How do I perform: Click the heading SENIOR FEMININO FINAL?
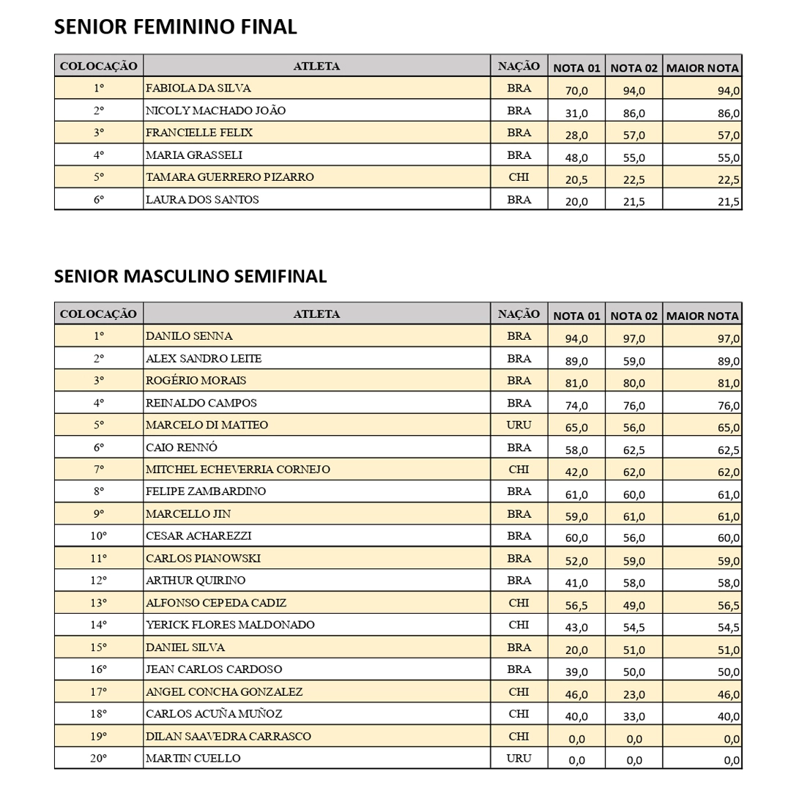176,27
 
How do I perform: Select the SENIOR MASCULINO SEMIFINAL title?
190,276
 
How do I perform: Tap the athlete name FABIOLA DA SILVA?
198,88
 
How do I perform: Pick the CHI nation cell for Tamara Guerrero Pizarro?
519,177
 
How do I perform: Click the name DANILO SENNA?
189,336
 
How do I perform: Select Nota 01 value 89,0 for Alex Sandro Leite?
576,361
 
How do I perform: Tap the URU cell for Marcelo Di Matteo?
519,425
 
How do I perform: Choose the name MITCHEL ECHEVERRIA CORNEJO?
238,469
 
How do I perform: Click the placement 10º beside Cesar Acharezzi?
99,536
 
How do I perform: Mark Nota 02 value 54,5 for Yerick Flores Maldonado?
634,628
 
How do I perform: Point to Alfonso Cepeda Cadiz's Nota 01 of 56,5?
576,605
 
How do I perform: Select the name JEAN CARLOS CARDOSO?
214,669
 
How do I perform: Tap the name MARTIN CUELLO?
193,758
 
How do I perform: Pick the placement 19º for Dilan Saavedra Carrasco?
99,736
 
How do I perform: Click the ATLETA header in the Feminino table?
316,66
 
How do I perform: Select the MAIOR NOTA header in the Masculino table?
702,316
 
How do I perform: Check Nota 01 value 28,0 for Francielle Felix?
576,135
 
